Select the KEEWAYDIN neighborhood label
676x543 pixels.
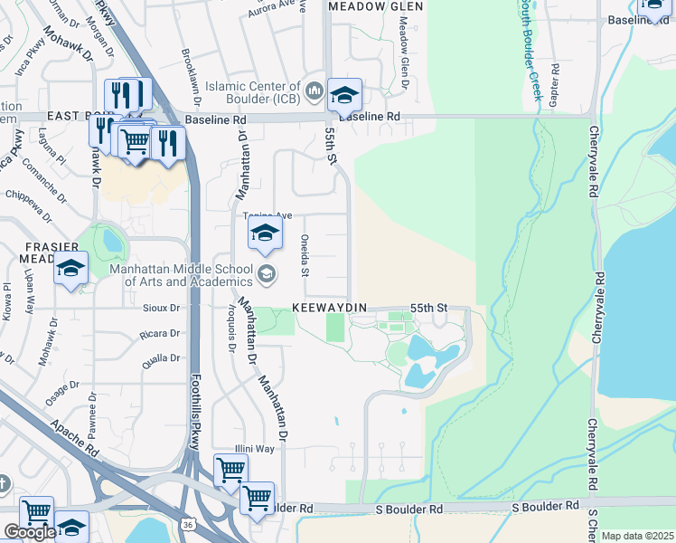click(x=329, y=309)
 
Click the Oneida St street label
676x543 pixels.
click(x=305, y=260)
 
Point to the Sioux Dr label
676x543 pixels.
click(x=162, y=308)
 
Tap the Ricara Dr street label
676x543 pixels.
click(x=161, y=335)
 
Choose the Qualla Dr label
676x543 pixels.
click(x=162, y=358)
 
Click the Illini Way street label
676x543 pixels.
click(x=255, y=448)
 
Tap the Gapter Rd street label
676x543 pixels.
click(x=555, y=87)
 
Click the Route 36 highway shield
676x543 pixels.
click(x=186, y=525)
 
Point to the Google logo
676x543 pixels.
click(x=29, y=532)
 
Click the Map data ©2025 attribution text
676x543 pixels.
click(x=637, y=536)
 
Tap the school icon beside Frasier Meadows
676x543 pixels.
click(x=70, y=269)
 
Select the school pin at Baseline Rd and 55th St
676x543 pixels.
click(x=343, y=95)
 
